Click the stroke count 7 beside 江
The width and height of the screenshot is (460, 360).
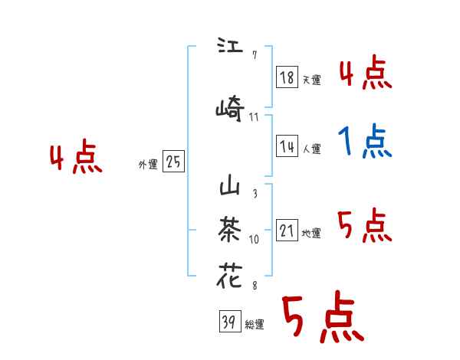coord(254,55)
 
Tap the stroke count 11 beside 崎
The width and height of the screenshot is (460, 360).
coord(255,117)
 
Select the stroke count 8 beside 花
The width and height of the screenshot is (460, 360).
coord(254,285)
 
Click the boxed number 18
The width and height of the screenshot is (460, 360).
coord(287,77)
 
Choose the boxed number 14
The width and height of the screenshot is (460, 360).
coord(287,146)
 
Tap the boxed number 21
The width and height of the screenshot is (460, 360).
coord(287,231)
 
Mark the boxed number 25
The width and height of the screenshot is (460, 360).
coord(173,162)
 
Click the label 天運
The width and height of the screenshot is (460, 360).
coord(311,80)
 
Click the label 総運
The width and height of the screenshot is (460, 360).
coord(254,325)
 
